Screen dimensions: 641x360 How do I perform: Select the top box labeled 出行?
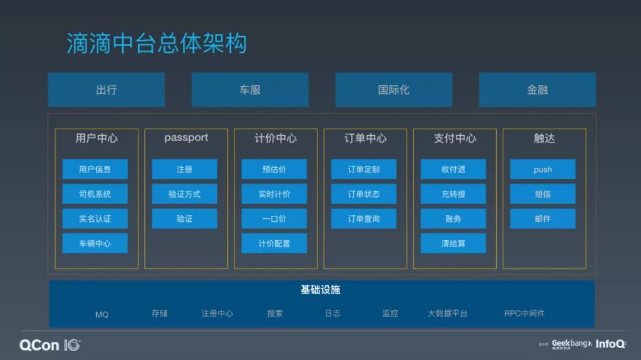point(106,90)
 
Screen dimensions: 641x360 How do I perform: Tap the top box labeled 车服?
point(250,90)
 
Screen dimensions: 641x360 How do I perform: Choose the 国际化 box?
point(394,90)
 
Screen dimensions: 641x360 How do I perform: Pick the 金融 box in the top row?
point(537,90)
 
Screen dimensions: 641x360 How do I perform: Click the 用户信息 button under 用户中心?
point(95,169)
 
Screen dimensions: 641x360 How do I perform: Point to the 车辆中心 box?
point(95,243)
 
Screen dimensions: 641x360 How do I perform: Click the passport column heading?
point(186,138)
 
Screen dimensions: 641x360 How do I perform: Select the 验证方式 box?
point(185,194)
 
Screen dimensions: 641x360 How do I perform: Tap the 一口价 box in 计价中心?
point(274,219)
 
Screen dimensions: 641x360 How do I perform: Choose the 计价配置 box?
point(274,243)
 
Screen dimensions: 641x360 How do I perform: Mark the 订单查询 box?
point(364,219)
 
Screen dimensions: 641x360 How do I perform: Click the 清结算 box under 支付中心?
point(453,243)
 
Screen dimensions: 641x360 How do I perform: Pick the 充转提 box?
point(453,194)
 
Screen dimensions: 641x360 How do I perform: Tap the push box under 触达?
point(542,169)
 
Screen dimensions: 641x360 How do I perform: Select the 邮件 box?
point(542,219)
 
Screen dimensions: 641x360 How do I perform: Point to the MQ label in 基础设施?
point(101,314)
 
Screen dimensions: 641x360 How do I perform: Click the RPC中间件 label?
point(524,313)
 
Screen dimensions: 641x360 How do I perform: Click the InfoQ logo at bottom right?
point(610,344)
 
